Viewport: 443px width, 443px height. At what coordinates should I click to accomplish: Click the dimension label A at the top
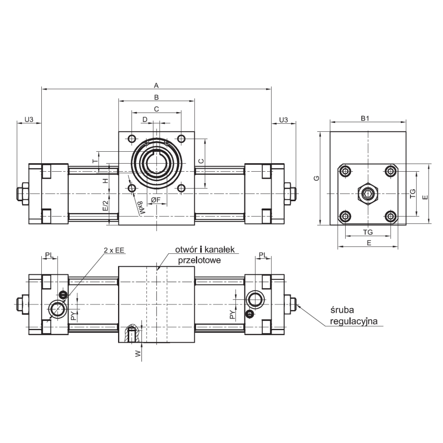point(156,86)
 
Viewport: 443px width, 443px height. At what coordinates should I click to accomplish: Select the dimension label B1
point(365,119)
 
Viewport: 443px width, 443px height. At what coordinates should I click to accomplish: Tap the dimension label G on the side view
point(316,179)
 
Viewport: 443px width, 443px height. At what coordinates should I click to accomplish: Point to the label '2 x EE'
point(114,250)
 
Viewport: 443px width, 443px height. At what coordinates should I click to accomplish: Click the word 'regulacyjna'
point(354,321)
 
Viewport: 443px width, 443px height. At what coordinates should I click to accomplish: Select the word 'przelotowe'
point(199,260)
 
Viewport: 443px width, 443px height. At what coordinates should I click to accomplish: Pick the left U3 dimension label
point(29,120)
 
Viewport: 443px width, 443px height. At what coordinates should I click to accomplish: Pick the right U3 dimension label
point(284,120)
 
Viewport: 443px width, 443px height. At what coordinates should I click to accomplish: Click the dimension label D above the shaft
point(145,120)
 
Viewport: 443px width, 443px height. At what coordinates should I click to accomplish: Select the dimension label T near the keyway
point(95,162)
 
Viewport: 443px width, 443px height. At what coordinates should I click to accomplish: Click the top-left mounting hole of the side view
point(346,171)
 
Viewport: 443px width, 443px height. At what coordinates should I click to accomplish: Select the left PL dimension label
point(50,255)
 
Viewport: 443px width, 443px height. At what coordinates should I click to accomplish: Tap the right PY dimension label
point(231,315)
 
